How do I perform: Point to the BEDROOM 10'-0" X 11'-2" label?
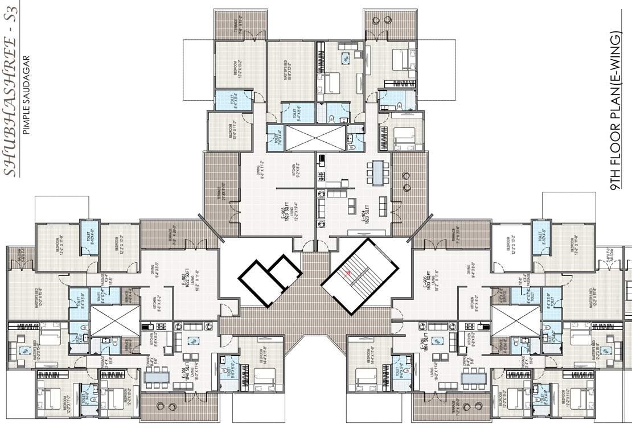tap(233, 131)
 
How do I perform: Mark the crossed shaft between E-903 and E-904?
tap(315, 137)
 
